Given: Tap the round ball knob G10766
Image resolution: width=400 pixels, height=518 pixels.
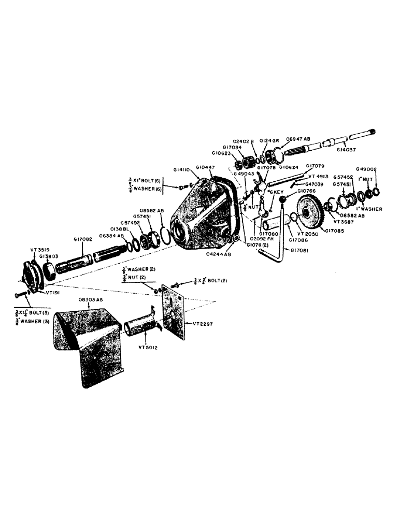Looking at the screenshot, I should click(x=283, y=200).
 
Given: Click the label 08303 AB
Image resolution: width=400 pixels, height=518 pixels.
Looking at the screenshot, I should click(x=92, y=300).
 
